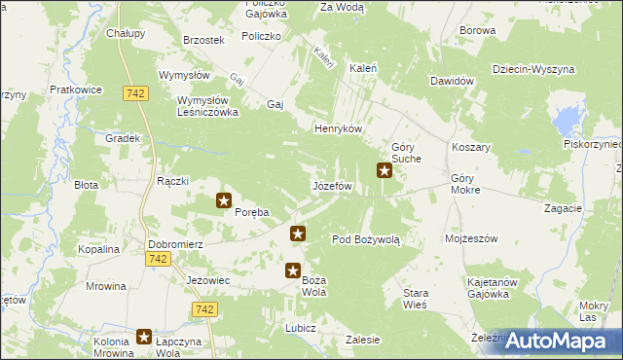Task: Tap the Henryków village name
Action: point(338,129)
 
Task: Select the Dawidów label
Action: point(451,81)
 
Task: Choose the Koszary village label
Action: point(470,147)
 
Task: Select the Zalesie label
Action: point(362,340)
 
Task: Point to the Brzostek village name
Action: point(204,40)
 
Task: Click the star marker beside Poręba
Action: point(224,201)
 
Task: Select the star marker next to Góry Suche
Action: point(385,173)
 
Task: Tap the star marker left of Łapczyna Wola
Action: point(145,337)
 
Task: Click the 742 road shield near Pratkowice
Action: point(135,92)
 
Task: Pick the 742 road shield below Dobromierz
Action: point(158,259)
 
